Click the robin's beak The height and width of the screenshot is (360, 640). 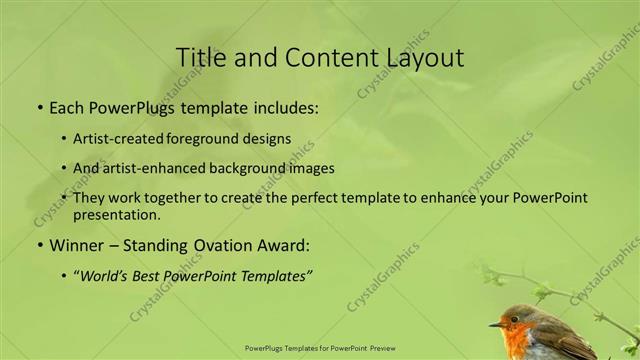coord(494,325)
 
